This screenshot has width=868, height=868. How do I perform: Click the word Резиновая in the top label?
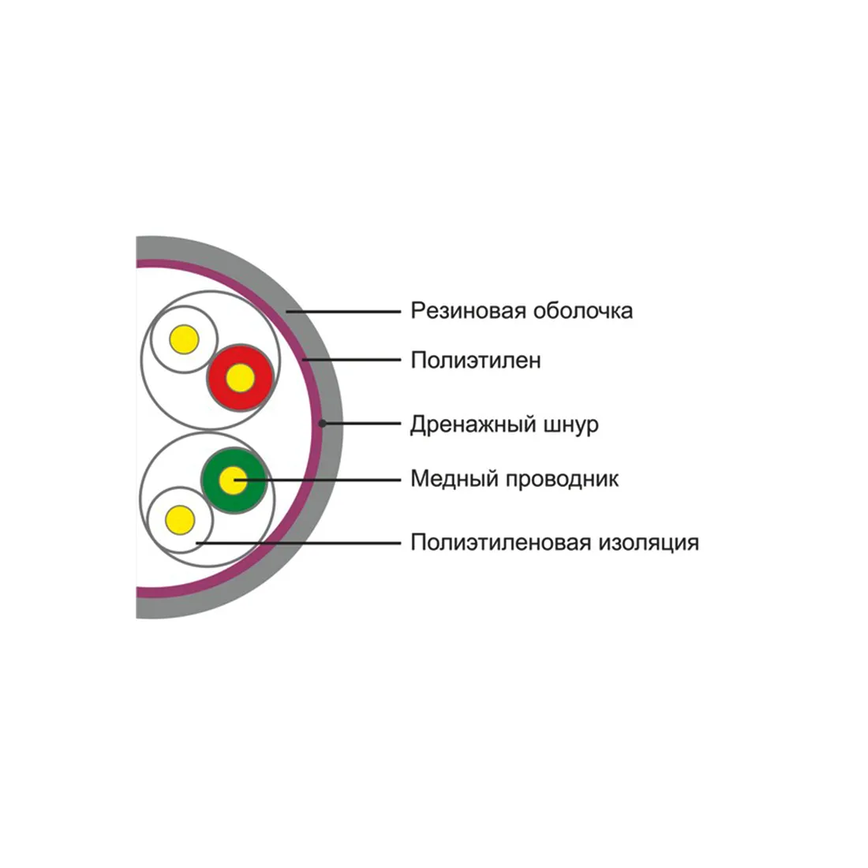pos(468,311)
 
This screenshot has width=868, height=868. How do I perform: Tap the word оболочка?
pos(583,311)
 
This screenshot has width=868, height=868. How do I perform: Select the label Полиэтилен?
pos(476,361)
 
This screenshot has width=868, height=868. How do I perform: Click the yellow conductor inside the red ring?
pos(240,378)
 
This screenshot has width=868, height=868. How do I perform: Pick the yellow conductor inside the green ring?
pos(234,481)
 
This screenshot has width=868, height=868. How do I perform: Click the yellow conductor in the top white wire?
pos(185,339)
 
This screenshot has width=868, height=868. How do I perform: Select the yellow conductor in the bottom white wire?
pos(181,520)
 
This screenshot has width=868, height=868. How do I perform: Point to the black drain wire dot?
pos(322,424)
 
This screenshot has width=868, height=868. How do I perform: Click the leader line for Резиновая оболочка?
pos(343,312)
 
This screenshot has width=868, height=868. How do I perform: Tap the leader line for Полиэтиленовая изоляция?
pos(298,543)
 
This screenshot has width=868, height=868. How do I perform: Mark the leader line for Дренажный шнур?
pos(361,424)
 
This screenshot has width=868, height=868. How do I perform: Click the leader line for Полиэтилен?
pos(351,360)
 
